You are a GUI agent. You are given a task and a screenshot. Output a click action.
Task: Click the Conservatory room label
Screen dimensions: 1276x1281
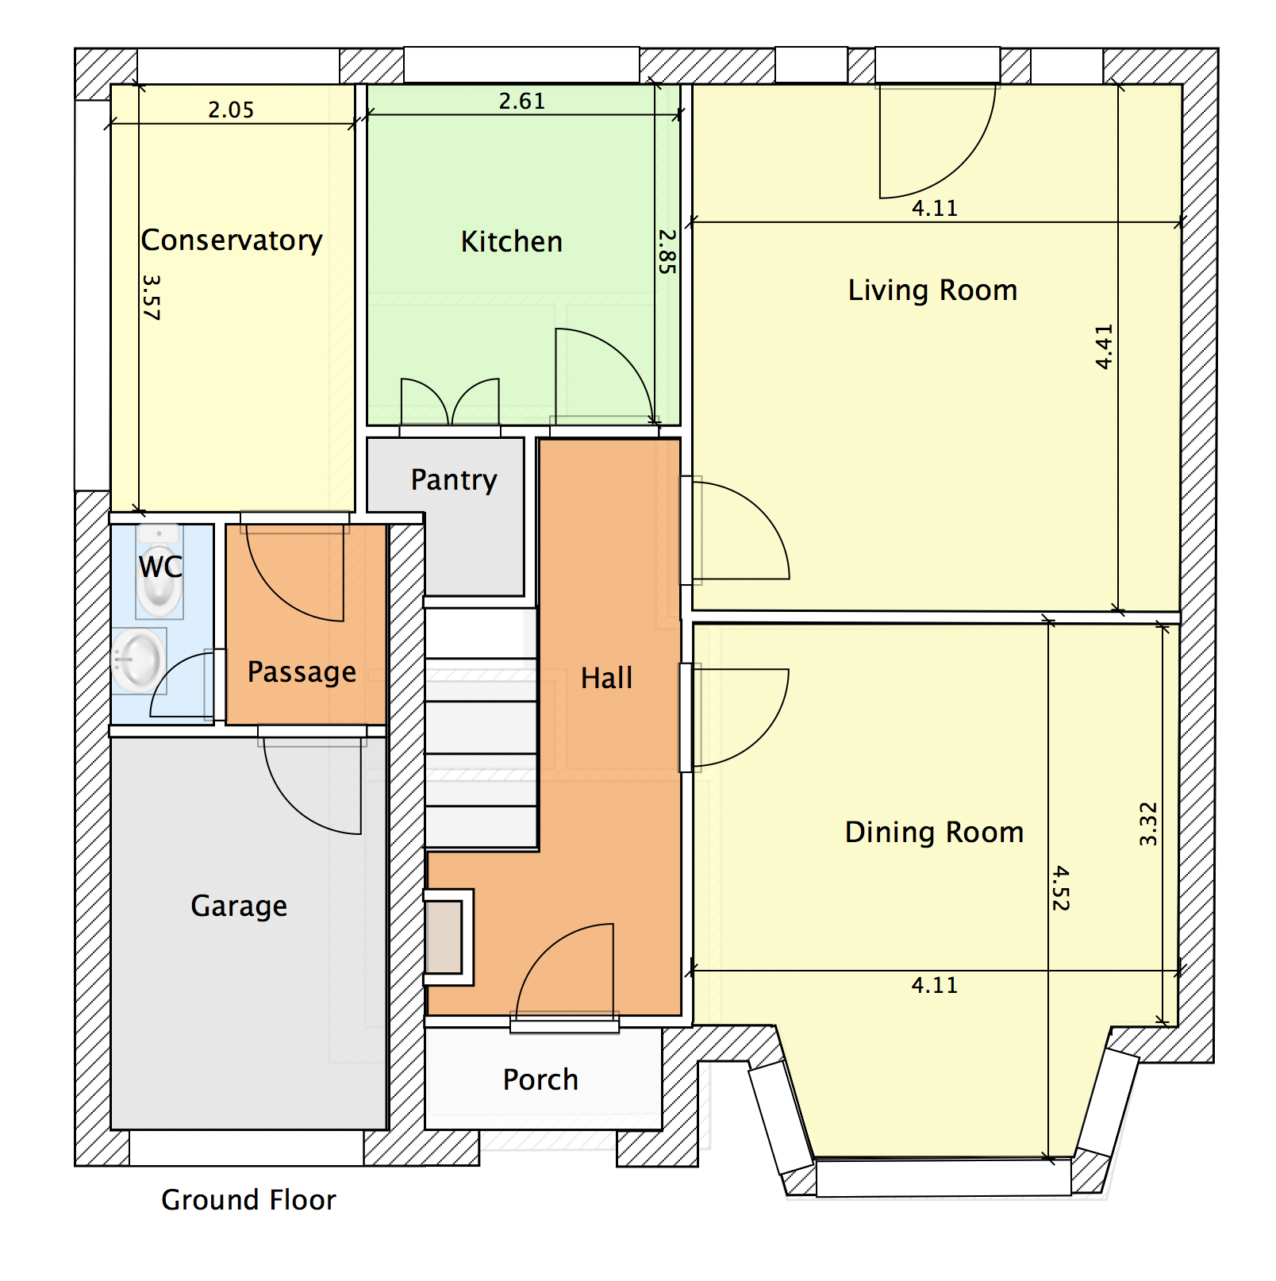(x=232, y=240)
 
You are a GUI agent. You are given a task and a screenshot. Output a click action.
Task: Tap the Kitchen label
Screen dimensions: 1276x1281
(x=512, y=242)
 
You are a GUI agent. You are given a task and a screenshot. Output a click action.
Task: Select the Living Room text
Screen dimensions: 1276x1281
(x=932, y=290)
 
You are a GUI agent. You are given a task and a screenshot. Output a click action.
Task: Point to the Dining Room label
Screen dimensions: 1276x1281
(x=934, y=833)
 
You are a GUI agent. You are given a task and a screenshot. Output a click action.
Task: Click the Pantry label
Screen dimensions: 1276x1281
(x=454, y=480)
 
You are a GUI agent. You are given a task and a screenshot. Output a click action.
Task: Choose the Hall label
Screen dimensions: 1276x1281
(x=606, y=679)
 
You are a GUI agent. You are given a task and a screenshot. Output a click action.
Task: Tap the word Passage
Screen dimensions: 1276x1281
(x=302, y=672)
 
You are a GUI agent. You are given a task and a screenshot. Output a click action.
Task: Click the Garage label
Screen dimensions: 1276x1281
(x=239, y=906)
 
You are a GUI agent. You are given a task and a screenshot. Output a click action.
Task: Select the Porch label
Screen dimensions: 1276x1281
(x=540, y=1080)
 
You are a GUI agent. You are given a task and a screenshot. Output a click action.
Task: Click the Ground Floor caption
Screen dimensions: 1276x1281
(x=248, y=1200)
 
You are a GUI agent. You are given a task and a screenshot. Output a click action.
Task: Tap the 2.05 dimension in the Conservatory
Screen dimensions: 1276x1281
(x=231, y=110)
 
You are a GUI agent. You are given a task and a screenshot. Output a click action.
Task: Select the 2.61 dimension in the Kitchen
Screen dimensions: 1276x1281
(x=522, y=102)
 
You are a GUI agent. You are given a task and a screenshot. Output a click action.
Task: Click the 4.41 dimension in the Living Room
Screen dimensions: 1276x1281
(x=1104, y=347)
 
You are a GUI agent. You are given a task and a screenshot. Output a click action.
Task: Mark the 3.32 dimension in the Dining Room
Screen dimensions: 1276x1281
(x=1148, y=824)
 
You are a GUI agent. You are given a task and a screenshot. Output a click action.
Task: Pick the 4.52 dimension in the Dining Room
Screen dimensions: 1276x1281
(x=1061, y=888)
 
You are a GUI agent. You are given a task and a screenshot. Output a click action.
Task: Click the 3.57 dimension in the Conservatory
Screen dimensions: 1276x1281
(x=151, y=298)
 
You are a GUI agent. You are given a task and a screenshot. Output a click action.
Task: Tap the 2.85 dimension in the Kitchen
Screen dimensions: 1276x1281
(x=667, y=252)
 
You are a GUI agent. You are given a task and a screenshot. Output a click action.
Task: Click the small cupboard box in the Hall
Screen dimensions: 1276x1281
(x=446, y=937)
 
